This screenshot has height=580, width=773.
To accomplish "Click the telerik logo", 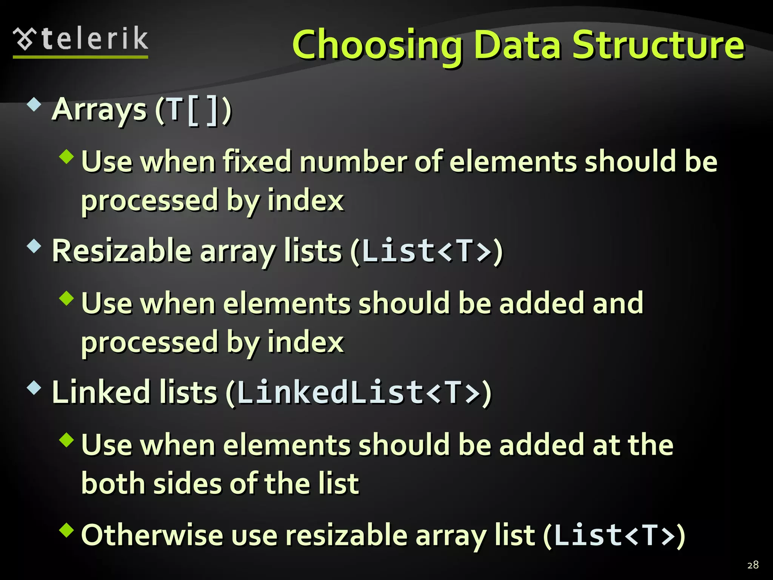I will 80,41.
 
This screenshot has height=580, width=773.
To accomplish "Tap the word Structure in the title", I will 658,45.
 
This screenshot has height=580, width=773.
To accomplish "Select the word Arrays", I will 99,110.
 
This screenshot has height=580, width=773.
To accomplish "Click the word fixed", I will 257,162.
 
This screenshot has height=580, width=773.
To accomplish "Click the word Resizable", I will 122,251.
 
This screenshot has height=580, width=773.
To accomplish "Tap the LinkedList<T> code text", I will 359,393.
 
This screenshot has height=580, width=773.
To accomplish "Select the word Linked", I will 101,393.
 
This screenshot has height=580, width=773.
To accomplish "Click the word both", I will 113,484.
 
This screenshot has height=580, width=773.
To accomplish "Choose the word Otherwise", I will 152,535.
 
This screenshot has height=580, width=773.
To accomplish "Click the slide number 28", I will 753,565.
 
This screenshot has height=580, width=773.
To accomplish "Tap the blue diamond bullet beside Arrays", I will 34,105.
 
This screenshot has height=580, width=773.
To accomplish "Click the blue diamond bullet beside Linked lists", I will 34,388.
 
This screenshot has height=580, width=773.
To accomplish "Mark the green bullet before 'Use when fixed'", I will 66,156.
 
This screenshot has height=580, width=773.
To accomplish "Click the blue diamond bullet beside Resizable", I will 34,246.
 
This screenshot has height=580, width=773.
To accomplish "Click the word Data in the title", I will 517,45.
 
